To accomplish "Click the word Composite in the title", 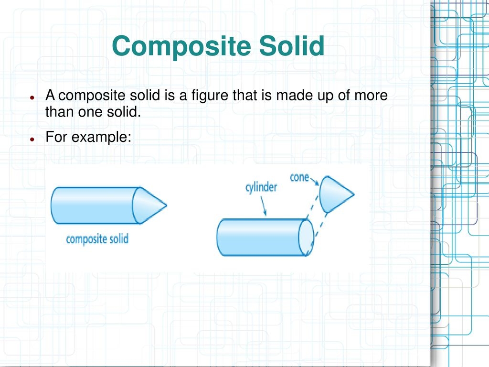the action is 181,46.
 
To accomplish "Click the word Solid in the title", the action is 292,45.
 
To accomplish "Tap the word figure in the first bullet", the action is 210,96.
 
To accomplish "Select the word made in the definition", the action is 295,95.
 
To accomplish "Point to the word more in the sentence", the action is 371,96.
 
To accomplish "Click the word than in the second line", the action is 59,111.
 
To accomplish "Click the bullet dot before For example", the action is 32,139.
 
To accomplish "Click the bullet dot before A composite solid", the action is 32,97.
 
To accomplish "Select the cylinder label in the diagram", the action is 261,187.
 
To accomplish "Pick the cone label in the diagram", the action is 299,178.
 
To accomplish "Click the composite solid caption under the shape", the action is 97,239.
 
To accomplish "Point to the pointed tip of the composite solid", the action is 167,205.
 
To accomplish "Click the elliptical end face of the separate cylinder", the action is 306,237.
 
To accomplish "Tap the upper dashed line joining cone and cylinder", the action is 312,205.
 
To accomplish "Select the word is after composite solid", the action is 170,95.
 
